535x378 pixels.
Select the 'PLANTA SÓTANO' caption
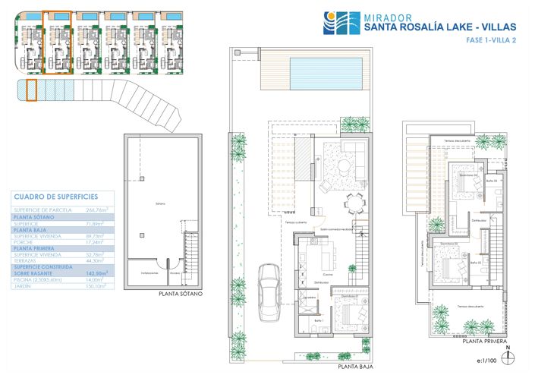point(181,293)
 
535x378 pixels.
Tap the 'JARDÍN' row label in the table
point(24,287)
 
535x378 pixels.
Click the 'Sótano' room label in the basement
point(160,204)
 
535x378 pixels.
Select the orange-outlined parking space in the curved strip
point(31,90)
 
